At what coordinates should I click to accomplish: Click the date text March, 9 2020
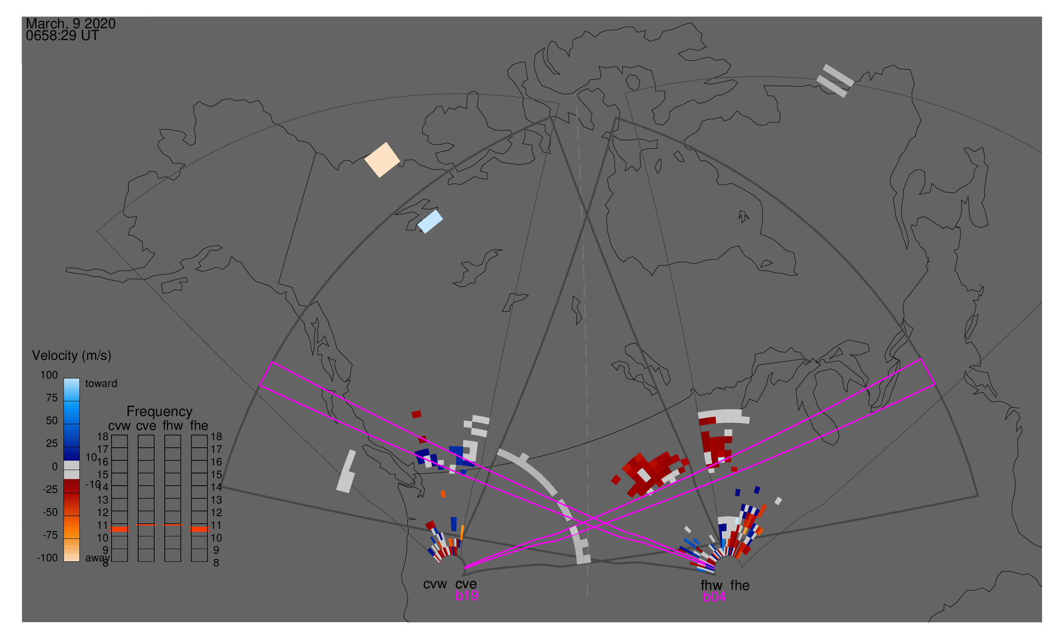[x=71, y=24]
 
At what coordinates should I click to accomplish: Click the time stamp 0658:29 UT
[x=62, y=36]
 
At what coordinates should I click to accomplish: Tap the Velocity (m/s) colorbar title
[x=71, y=356]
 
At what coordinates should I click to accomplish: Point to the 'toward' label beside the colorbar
[x=101, y=383]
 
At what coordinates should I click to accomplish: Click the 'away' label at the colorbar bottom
[x=97, y=558]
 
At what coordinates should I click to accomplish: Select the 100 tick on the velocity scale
[x=49, y=375]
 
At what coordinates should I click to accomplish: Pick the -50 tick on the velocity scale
[x=50, y=512]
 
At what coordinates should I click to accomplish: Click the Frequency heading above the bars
[x=160, y=411]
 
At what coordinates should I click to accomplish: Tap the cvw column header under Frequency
[x=119, y=426]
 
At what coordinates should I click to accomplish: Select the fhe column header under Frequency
[x=199, y=426]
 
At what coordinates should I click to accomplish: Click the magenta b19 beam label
[x=466, y=596]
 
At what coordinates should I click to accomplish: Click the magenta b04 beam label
[x=714, y=597]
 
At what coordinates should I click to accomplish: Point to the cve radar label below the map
[x=465, y=584]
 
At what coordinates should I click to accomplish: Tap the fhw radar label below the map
[x=711, y=585]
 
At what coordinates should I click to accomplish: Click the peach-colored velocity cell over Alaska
[x=382, y=160]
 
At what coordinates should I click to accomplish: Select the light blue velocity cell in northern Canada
[x=430, y=222]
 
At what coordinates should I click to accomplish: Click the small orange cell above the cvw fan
[x=443, y=494]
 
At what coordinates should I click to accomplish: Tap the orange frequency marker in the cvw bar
[x=120, y=529]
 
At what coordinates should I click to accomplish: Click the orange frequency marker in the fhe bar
[x=199, y=529]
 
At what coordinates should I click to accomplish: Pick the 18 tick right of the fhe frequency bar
[x=216, y=437]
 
